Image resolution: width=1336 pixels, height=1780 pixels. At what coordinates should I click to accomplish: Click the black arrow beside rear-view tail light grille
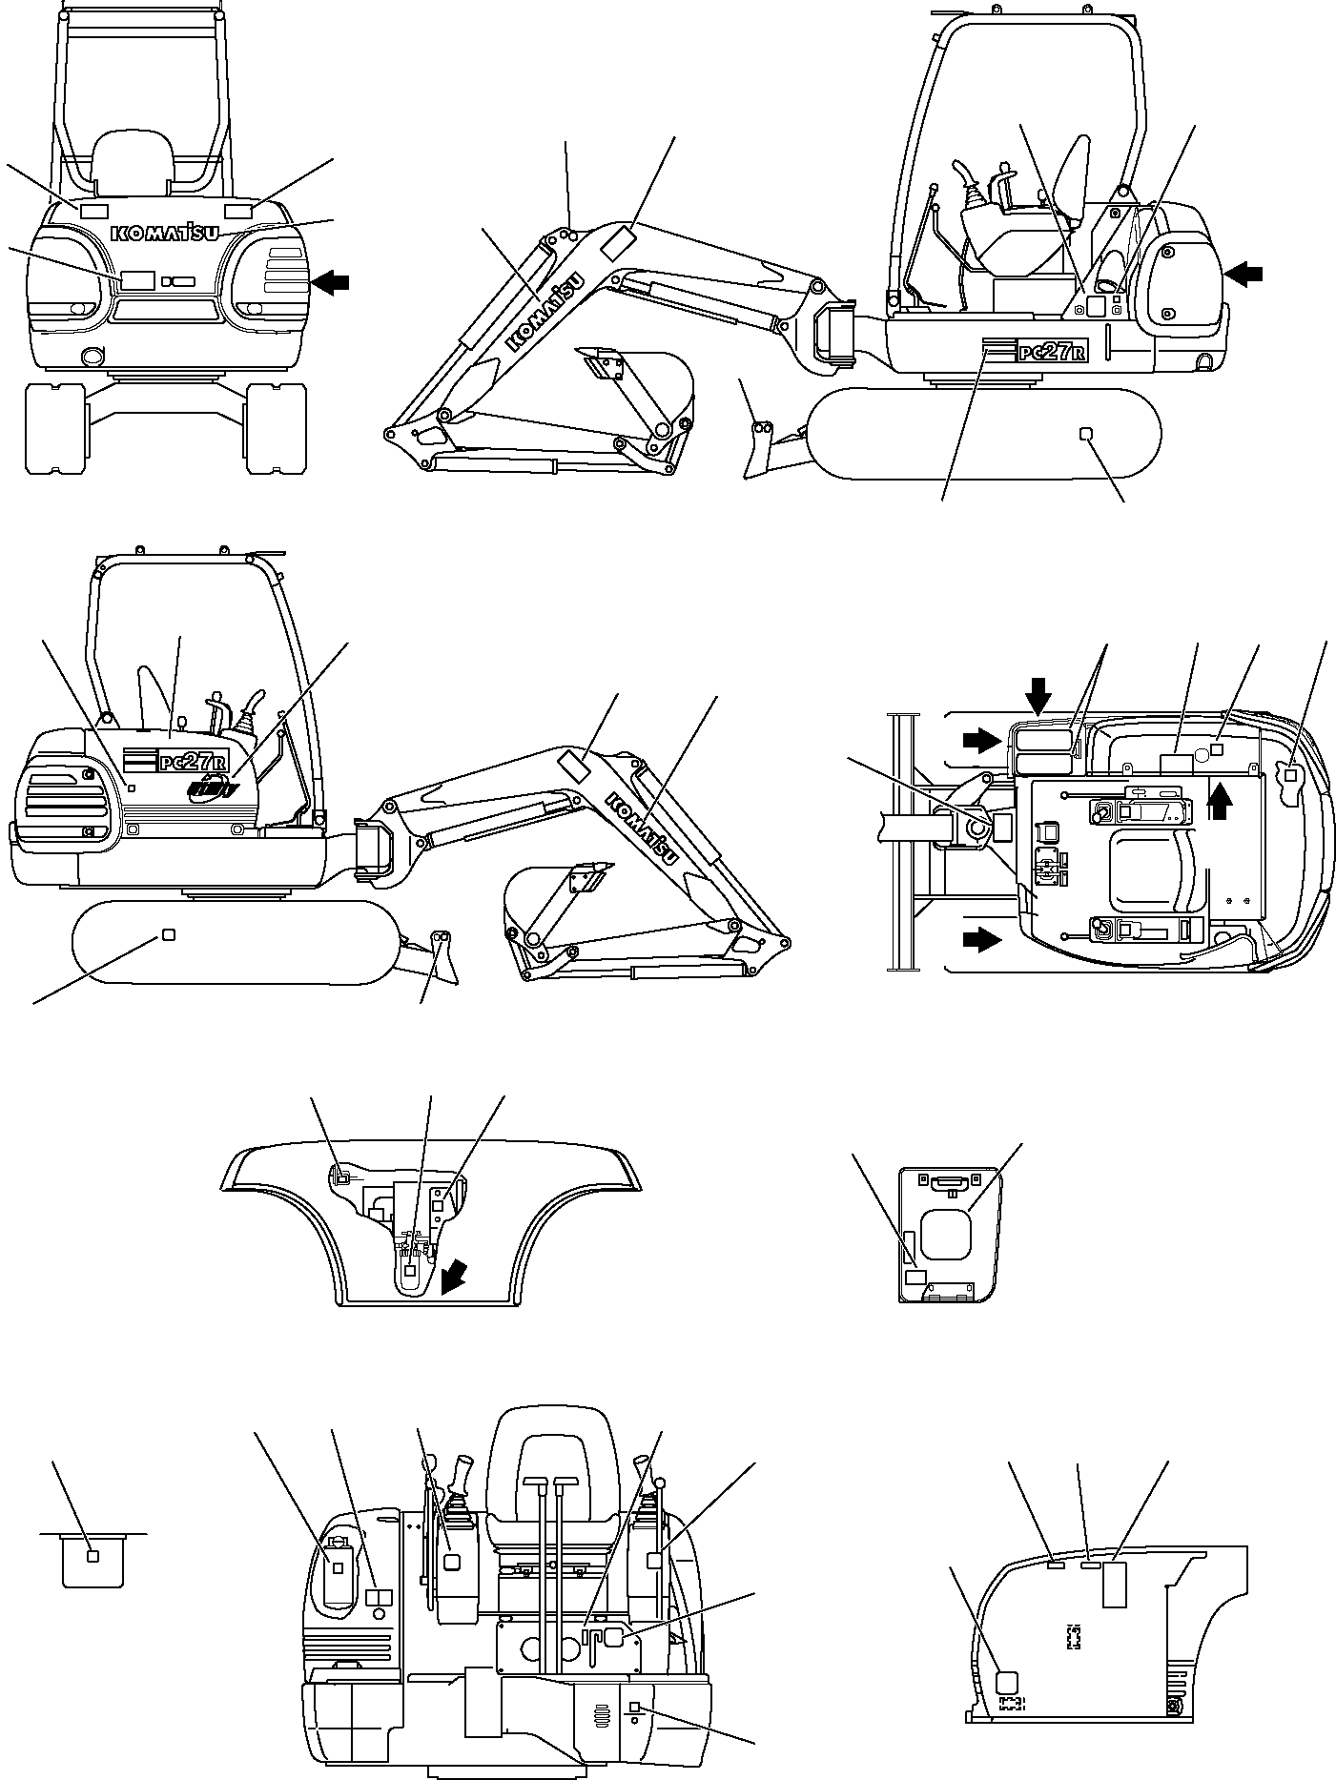tap(331, 281)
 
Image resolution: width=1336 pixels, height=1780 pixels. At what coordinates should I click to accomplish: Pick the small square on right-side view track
tap(1084, 434)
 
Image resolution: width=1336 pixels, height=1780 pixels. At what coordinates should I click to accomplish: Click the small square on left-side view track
tap(169, 934)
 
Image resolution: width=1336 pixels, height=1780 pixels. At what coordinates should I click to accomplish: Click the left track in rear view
tap(55, 428)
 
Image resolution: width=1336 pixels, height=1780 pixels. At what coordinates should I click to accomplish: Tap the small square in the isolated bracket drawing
tap(92, 1556)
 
